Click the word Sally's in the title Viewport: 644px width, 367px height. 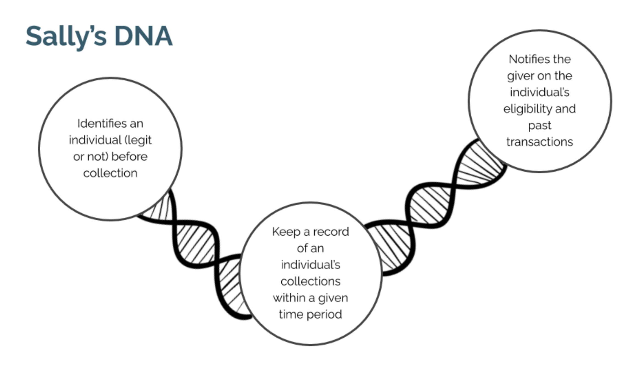click(66, 36)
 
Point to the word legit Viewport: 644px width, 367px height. click(140, 140)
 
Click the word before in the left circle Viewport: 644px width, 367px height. click(130, 157)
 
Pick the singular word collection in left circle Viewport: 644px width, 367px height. click(110, 173)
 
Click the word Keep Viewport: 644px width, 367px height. click(286, 232)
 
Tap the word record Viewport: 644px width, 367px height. click(331, 232)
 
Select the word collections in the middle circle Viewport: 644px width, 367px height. click(310, 281)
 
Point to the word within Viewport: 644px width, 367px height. click(289, 298)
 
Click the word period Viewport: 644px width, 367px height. click(324, 315)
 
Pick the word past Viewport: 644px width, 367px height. click(539, 126)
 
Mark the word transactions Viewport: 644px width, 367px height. click(540, 142)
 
